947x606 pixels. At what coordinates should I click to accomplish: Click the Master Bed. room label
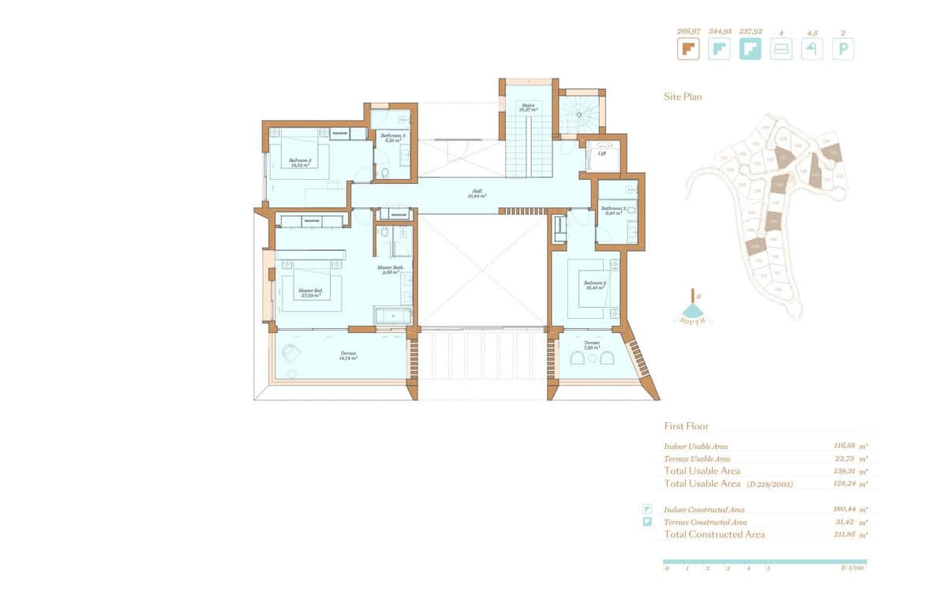tap(309, 290)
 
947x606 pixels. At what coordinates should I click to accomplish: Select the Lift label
tap(601, 153)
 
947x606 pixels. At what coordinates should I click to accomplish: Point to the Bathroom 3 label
tap(392, 136)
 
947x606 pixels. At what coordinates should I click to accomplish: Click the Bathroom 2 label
tap(613, 208)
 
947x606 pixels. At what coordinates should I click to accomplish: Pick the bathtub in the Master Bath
tap(392, 316)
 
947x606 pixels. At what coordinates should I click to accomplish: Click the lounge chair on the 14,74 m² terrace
tap(290, 353)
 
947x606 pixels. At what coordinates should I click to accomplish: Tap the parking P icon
tap(843, 50)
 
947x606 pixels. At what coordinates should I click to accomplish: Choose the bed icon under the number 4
tap(781, 50)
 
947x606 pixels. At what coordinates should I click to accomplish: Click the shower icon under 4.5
tap(812, 50)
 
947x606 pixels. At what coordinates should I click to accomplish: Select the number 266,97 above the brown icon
tap(688, 32)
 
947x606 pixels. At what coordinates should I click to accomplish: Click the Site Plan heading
tap(683, 97)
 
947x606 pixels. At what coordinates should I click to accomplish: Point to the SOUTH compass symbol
tap(694, 309)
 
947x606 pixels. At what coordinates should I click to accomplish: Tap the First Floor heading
tap(686, 426)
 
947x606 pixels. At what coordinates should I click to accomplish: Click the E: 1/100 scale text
tap(853, 568)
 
